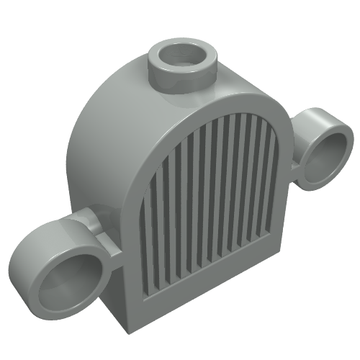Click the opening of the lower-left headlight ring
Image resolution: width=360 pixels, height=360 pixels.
point(71,278)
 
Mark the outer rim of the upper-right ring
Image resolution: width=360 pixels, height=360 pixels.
point(348,137)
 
